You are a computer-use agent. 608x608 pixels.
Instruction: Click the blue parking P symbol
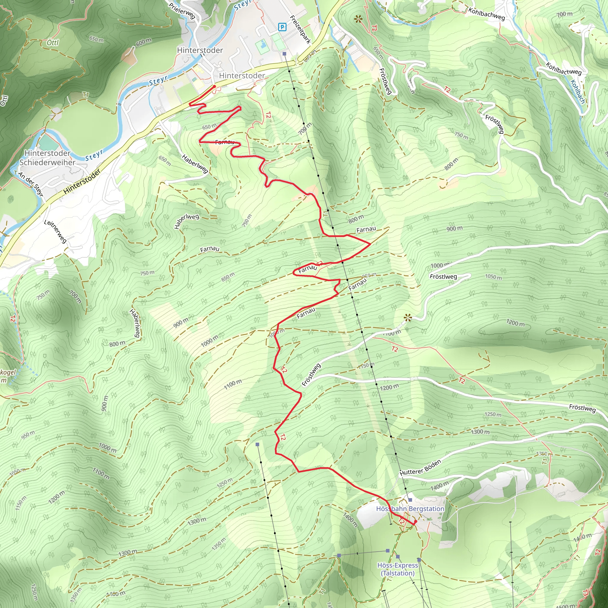point(282,27)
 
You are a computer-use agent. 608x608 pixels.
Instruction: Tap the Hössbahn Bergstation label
point(410,509)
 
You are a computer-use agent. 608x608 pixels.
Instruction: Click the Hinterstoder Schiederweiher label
point(47,158)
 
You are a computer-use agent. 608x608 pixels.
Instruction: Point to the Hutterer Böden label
point(420,468)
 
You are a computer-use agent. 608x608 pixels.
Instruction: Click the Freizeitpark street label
point(300,30)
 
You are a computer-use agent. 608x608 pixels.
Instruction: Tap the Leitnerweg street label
point(56,231)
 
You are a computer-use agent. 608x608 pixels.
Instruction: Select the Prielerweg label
point(182,10)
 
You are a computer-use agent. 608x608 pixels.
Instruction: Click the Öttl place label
point(53,42)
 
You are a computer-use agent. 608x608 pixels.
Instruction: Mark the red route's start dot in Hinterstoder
point(214,86)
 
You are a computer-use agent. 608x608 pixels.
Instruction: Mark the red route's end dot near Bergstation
point(415,521)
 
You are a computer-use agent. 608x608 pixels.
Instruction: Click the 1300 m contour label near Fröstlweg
point(480,431)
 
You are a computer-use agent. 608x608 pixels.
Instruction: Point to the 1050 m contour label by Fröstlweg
point(493,277)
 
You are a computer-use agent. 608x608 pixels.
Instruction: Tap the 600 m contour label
point(143,42)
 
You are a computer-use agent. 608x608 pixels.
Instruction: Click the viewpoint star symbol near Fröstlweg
point(408,318)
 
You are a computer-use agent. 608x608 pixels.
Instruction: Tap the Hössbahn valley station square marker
point(284,54)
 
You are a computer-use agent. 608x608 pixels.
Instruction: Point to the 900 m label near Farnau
point(455,228)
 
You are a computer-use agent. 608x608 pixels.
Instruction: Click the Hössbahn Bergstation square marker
point(410,500)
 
